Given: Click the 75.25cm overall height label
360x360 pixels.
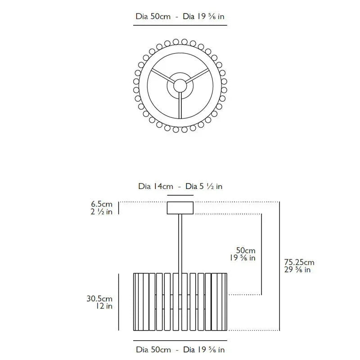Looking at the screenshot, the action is tap(299, 262).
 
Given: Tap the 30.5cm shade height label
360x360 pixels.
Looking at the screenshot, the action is tap(99, 298).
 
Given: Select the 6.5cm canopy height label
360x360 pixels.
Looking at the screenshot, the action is tap(102, 204).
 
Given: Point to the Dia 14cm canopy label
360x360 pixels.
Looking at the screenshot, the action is tap(156, 186).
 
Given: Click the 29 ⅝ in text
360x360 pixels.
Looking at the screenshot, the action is tap(297, 270).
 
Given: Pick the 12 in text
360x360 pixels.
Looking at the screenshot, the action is tap(104, 306).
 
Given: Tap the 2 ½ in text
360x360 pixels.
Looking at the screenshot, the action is tap(102, 211).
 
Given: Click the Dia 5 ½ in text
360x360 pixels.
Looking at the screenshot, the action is tap(204, 186).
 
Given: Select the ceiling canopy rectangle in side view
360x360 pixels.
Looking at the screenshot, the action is tap(180, 208).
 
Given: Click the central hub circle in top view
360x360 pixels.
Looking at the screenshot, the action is tap(180, 85).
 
